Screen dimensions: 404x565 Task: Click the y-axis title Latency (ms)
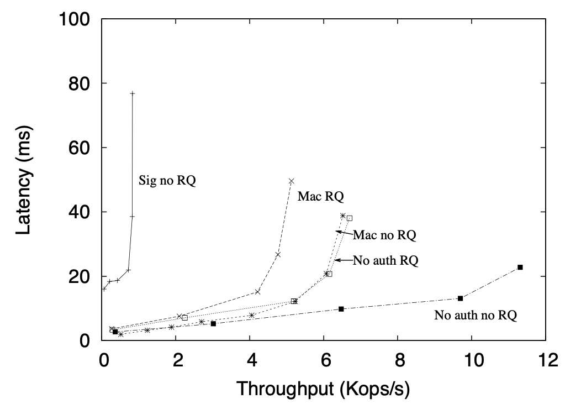[23, 180]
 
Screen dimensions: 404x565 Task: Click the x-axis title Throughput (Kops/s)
[323, 389]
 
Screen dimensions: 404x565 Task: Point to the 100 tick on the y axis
[80, 19]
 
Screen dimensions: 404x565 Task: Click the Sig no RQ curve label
[167, 180]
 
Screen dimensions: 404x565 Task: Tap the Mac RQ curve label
[320, 196]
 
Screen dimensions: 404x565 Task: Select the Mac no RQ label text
[384, 235]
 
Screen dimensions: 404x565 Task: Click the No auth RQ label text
[386, 260]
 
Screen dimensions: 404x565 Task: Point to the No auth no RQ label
[476, 316]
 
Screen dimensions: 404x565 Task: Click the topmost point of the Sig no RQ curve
[133, 93]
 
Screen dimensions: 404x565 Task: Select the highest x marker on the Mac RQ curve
[291, 181]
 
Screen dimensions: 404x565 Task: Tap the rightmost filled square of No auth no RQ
[520, 267]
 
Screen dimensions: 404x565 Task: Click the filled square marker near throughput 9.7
[460, 298]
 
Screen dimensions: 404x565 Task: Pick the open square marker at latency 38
[350, 218]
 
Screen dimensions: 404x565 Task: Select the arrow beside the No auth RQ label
[342, 260]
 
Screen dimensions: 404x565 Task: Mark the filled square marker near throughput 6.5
[341, 309]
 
